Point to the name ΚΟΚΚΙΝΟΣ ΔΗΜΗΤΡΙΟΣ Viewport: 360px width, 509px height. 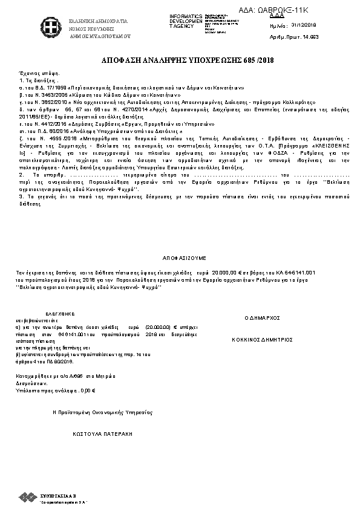[262, 340]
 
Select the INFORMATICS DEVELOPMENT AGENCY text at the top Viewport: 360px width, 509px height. [187, 21]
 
